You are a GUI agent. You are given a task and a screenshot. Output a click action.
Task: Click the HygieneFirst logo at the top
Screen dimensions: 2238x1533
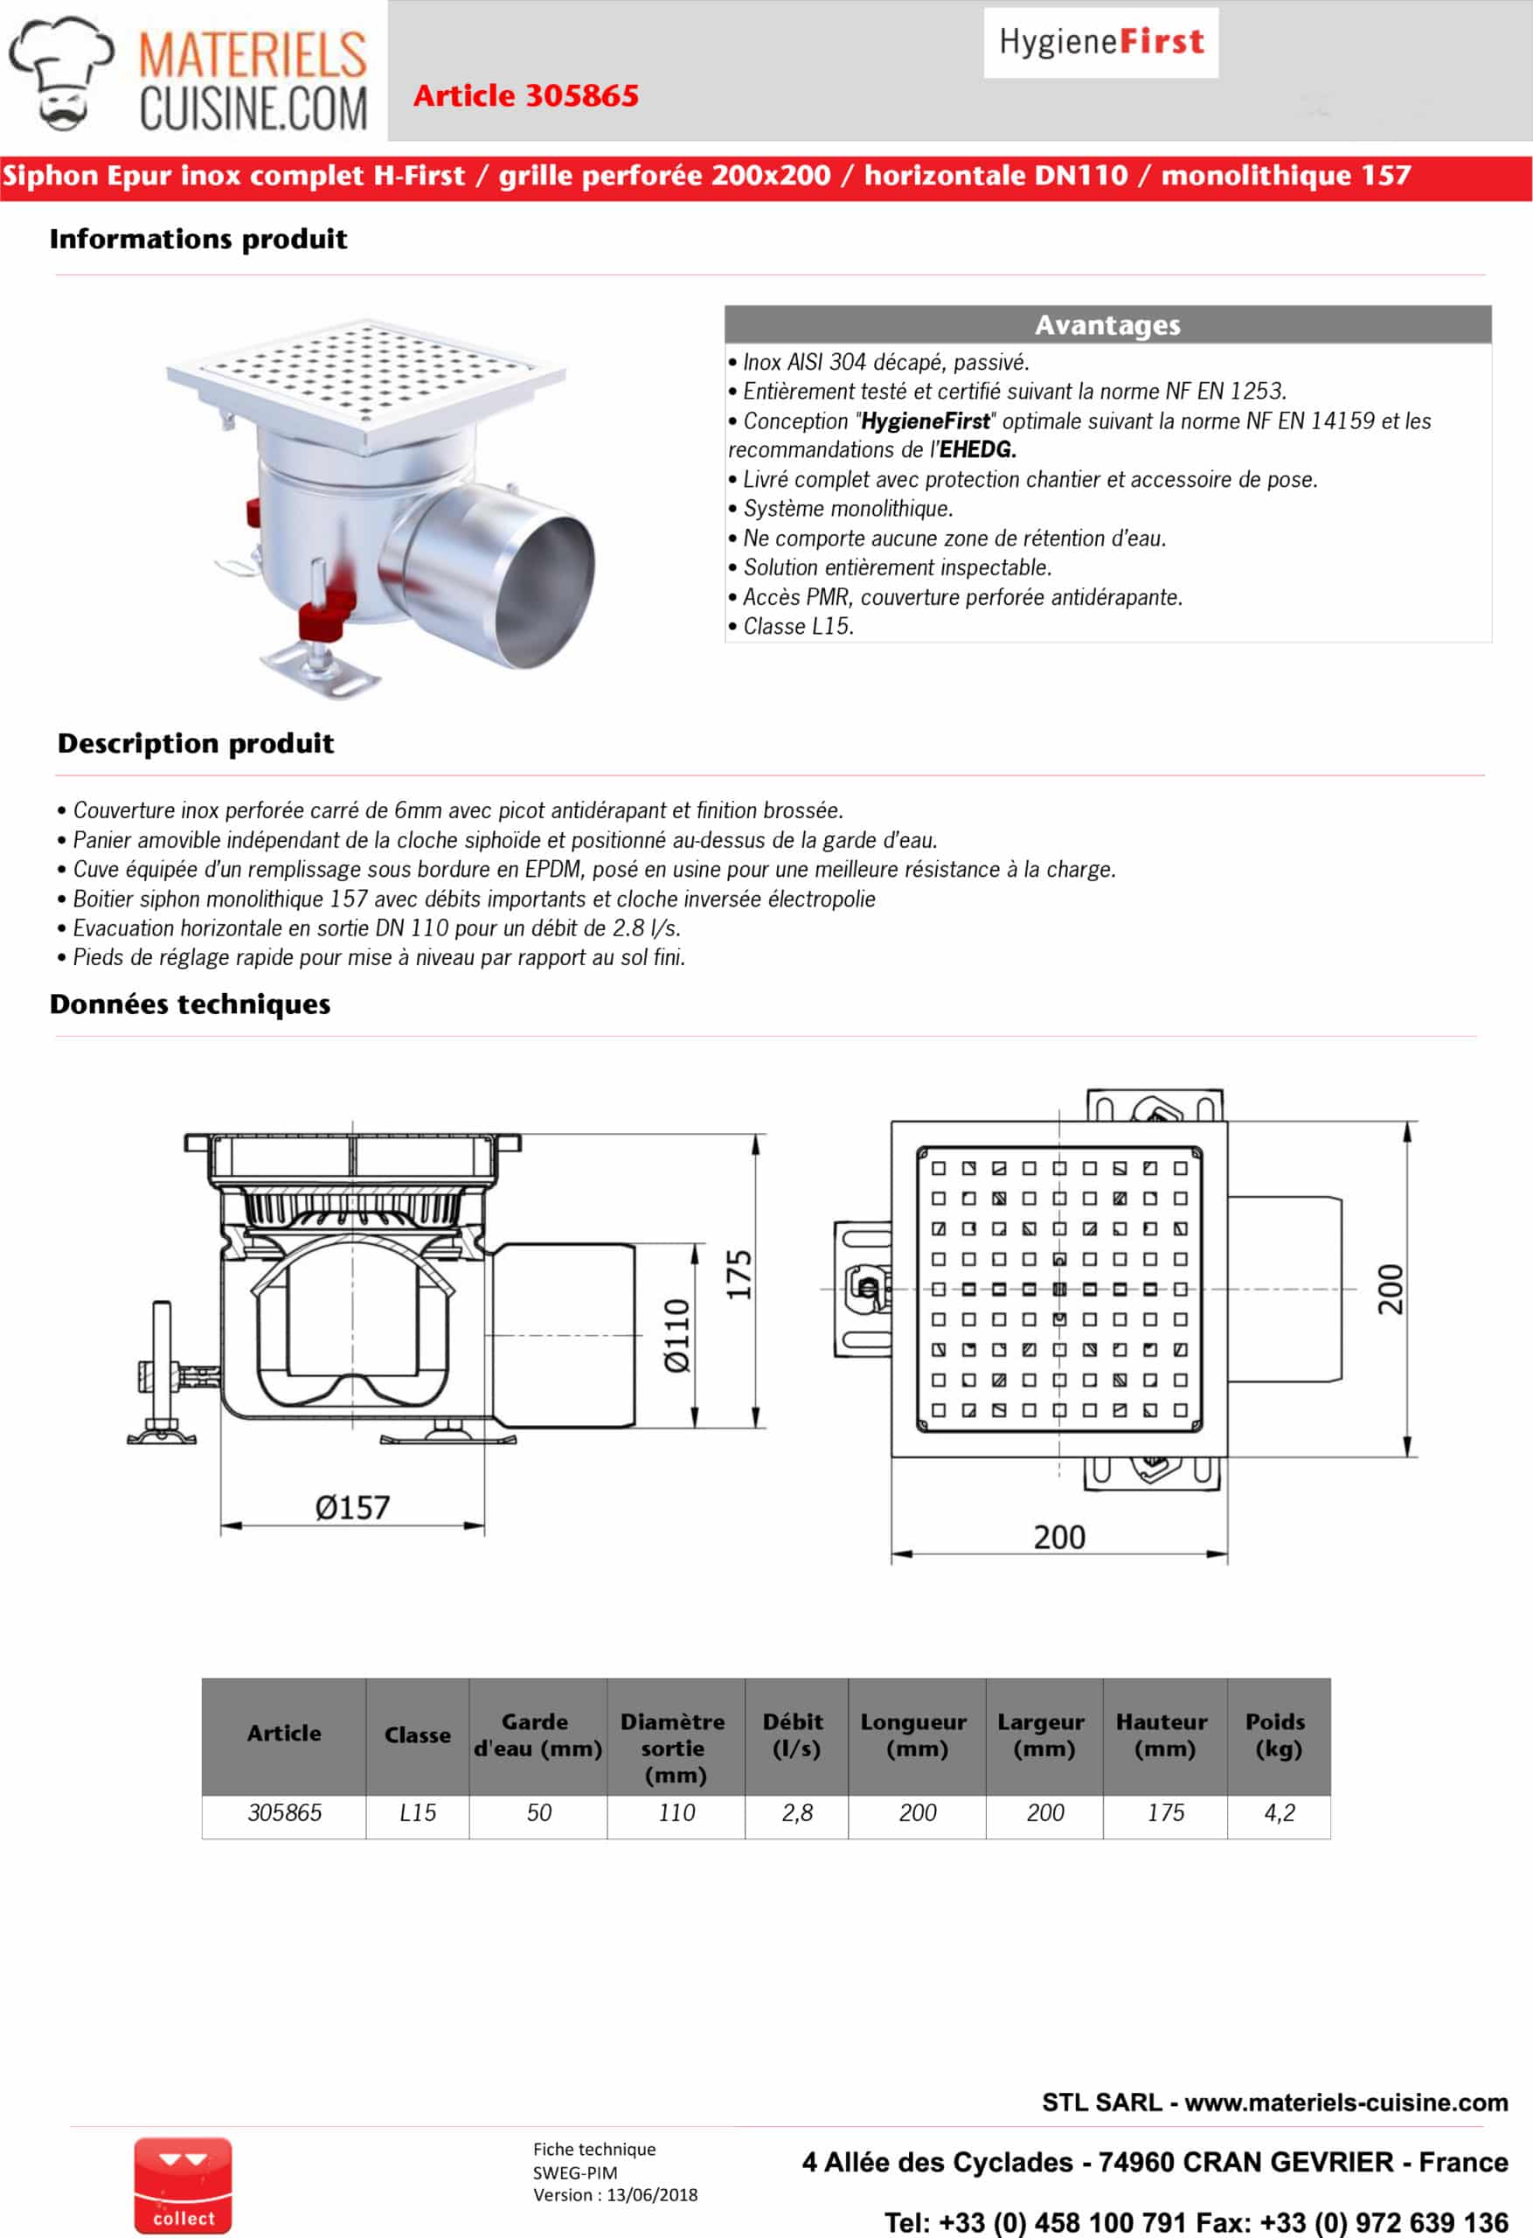1100,42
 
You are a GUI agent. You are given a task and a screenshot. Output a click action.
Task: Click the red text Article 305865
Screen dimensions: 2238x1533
526,95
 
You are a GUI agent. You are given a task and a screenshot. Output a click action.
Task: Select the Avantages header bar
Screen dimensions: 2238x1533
1107,324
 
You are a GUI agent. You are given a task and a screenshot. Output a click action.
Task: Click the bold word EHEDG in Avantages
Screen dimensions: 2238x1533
977,449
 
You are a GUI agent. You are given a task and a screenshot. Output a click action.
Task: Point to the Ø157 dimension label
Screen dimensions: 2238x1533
352,1507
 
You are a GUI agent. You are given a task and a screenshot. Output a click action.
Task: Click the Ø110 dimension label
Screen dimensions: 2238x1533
677,1335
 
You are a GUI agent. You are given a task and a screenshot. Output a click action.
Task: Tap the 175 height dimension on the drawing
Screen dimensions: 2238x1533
739,1275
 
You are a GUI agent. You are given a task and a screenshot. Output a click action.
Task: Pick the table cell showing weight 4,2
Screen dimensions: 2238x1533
1279,1813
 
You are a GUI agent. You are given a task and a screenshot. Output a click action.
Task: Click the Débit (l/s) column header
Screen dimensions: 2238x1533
795,1734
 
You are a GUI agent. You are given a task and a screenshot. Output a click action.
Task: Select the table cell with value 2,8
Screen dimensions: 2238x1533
796,1813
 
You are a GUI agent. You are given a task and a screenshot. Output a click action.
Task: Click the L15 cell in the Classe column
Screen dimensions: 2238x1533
417,1813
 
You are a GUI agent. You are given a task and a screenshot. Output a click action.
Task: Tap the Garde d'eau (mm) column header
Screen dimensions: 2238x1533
538,1734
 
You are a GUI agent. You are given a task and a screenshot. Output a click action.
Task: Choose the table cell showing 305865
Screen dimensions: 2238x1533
284,1813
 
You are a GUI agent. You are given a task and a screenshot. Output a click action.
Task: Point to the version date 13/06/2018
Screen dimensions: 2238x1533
652,2194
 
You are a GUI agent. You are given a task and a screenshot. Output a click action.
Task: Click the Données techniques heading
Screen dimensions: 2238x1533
190,1004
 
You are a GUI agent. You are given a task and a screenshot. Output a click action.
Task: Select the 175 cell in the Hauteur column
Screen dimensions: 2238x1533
1165,1813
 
